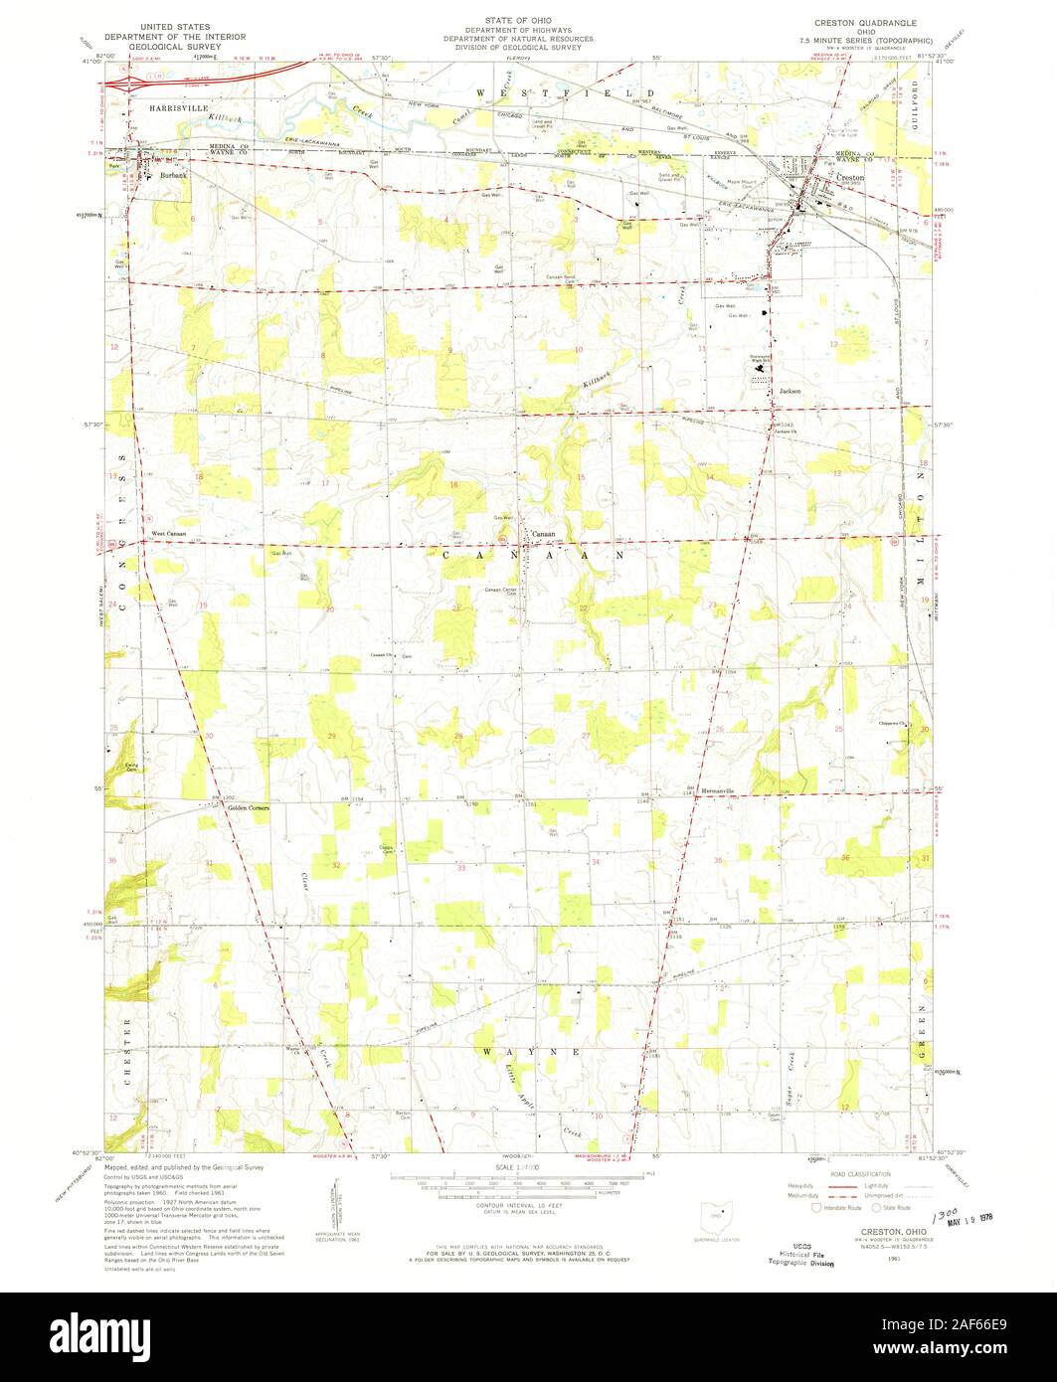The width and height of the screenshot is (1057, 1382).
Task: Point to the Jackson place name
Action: pyautogui.click(x=790, y=391)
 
